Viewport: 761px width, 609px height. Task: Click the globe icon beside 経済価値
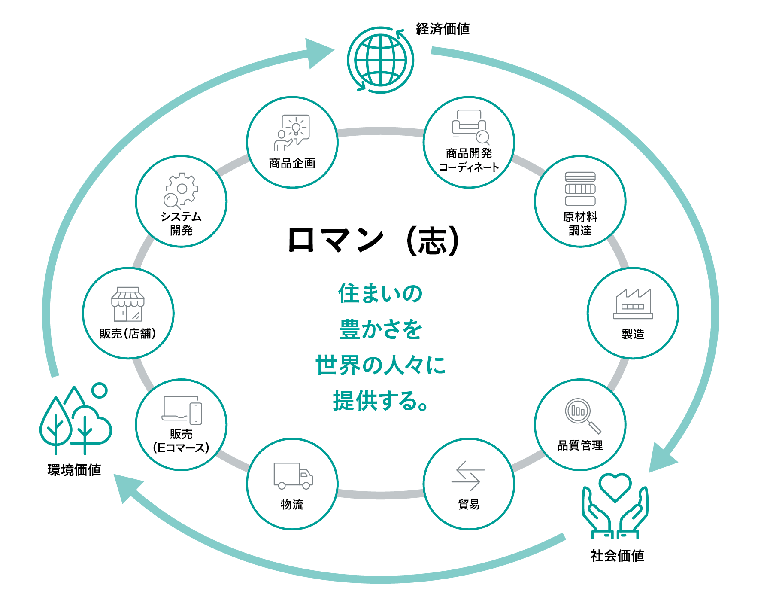[x=380, y=60]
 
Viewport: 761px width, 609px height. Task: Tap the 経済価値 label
[x=443, y=29]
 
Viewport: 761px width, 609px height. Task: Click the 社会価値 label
[x=617, y=556]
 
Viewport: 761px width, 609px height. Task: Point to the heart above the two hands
[x=615, y=487]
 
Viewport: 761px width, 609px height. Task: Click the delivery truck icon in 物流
[x=293, y=475]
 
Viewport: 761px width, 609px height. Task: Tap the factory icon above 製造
[x=633, y=304]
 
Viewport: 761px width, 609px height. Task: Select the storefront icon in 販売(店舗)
[x=127, y=304]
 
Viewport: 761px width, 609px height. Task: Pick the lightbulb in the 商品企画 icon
[x=296, y=128]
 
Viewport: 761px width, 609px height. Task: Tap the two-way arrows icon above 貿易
[x=468, y=476]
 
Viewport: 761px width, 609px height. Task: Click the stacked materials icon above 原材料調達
[x=580, y=189]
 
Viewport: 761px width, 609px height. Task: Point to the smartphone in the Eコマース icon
[x=196, y=413]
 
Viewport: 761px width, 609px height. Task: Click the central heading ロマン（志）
[x=374, y=240]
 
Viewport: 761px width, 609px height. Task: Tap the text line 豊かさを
[x=381, y=329]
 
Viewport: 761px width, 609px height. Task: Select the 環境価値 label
[x=74, y=470]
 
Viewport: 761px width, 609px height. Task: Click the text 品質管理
[x=580, y=445]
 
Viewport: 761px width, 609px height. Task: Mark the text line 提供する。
[x=381, y=401]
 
